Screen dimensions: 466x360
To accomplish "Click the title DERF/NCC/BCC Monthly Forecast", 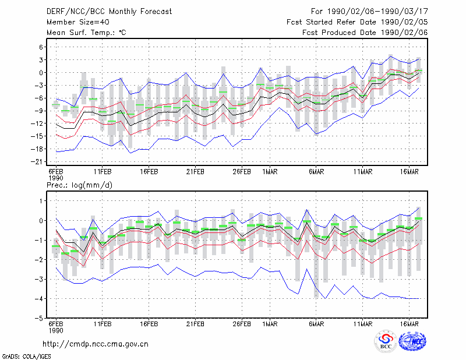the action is [x=109, y=12].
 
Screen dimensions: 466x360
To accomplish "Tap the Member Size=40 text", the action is [x=78, y=22].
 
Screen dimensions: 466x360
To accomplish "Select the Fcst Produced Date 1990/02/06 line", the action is [x=365, y=33].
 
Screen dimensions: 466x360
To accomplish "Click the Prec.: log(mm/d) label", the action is [x=79, y=185].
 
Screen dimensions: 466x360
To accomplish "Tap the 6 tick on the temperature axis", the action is [x=41, y=47].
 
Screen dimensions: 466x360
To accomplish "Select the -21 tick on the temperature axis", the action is [x=37, y=162].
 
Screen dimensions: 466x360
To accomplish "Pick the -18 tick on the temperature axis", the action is [x=37, y=149].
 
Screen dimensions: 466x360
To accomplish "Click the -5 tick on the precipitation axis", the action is [x=39, y=318].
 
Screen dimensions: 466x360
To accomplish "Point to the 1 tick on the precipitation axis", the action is [x=41, y=201].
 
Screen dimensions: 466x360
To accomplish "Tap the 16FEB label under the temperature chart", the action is [x=149, y=172].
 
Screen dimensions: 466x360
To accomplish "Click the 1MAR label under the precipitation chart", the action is [x=270, y=324].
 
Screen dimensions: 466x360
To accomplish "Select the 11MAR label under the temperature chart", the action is [x=362, y=172].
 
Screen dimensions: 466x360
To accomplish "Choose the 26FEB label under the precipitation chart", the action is [x=242, y=324].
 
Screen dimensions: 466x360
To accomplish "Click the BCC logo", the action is [x=386, y=341].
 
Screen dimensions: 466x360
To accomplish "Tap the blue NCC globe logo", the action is [x=412, y=341].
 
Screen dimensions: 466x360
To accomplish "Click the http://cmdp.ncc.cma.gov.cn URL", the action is [x=96, y=344].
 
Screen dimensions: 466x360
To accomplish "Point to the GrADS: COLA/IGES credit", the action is [x=26, y=357].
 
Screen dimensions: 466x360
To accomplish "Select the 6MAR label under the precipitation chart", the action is [x=316, y=324].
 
